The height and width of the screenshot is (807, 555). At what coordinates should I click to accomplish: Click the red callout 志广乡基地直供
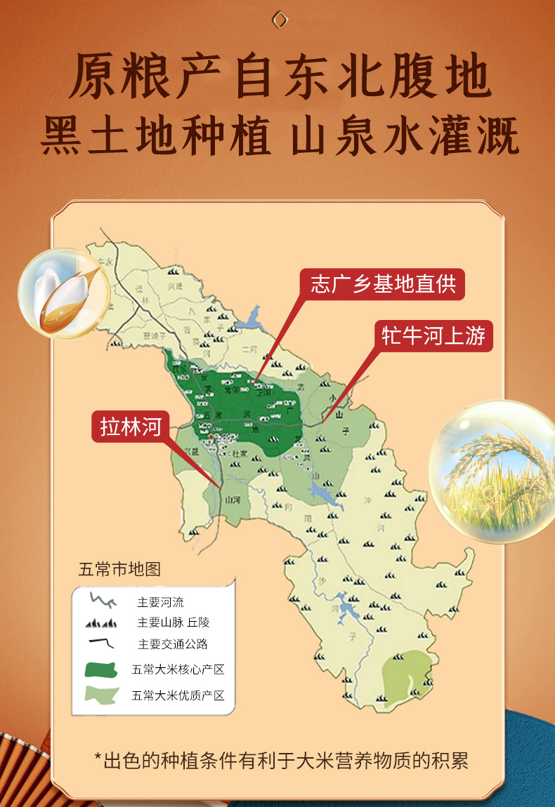(x=383, y=284)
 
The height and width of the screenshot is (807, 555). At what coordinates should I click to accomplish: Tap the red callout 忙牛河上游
(x=433, y=336)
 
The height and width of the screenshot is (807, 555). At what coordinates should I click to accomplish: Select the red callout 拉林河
(x=131, y=426)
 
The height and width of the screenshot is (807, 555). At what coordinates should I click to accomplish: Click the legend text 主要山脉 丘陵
(x=174, y=622)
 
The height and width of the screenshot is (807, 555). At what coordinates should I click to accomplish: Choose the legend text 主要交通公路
(x=173, y=643)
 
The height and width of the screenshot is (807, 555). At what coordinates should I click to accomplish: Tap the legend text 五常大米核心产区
(x=178, y=669)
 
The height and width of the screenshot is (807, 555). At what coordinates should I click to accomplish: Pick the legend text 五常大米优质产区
(x=178, y=695)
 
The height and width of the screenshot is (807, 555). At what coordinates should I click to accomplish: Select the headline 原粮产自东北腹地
(x=280, y=79)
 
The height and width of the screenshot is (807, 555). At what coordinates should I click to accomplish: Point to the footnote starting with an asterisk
(x=280, y=760)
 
